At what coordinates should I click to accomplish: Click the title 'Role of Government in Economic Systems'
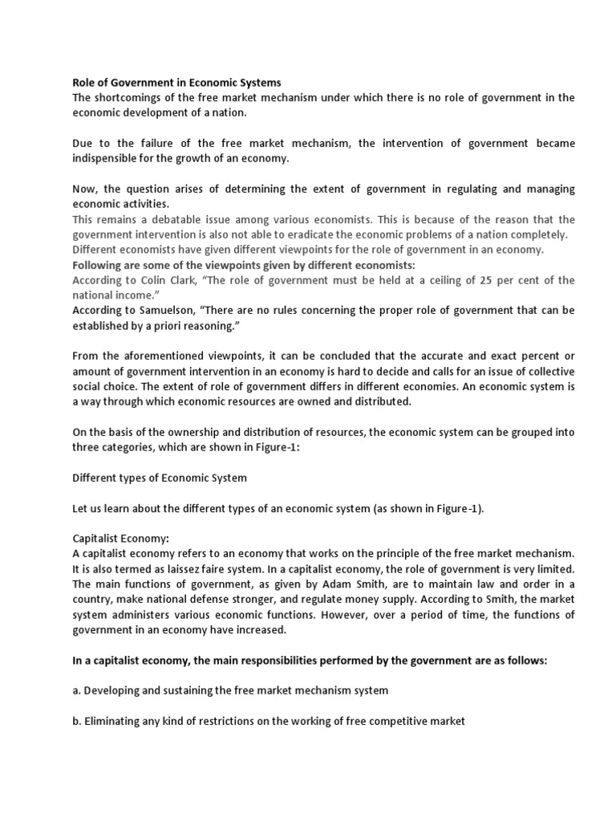point(176,83)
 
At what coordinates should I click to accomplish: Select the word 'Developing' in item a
point(112,690)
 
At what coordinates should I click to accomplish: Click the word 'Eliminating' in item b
point(114,720)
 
